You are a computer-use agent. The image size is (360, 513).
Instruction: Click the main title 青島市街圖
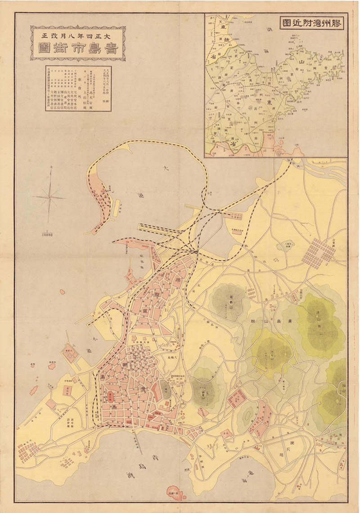[77, 49]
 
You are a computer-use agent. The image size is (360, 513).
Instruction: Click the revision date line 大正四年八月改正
[77, 33]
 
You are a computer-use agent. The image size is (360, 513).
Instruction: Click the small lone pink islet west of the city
[62, 292]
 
